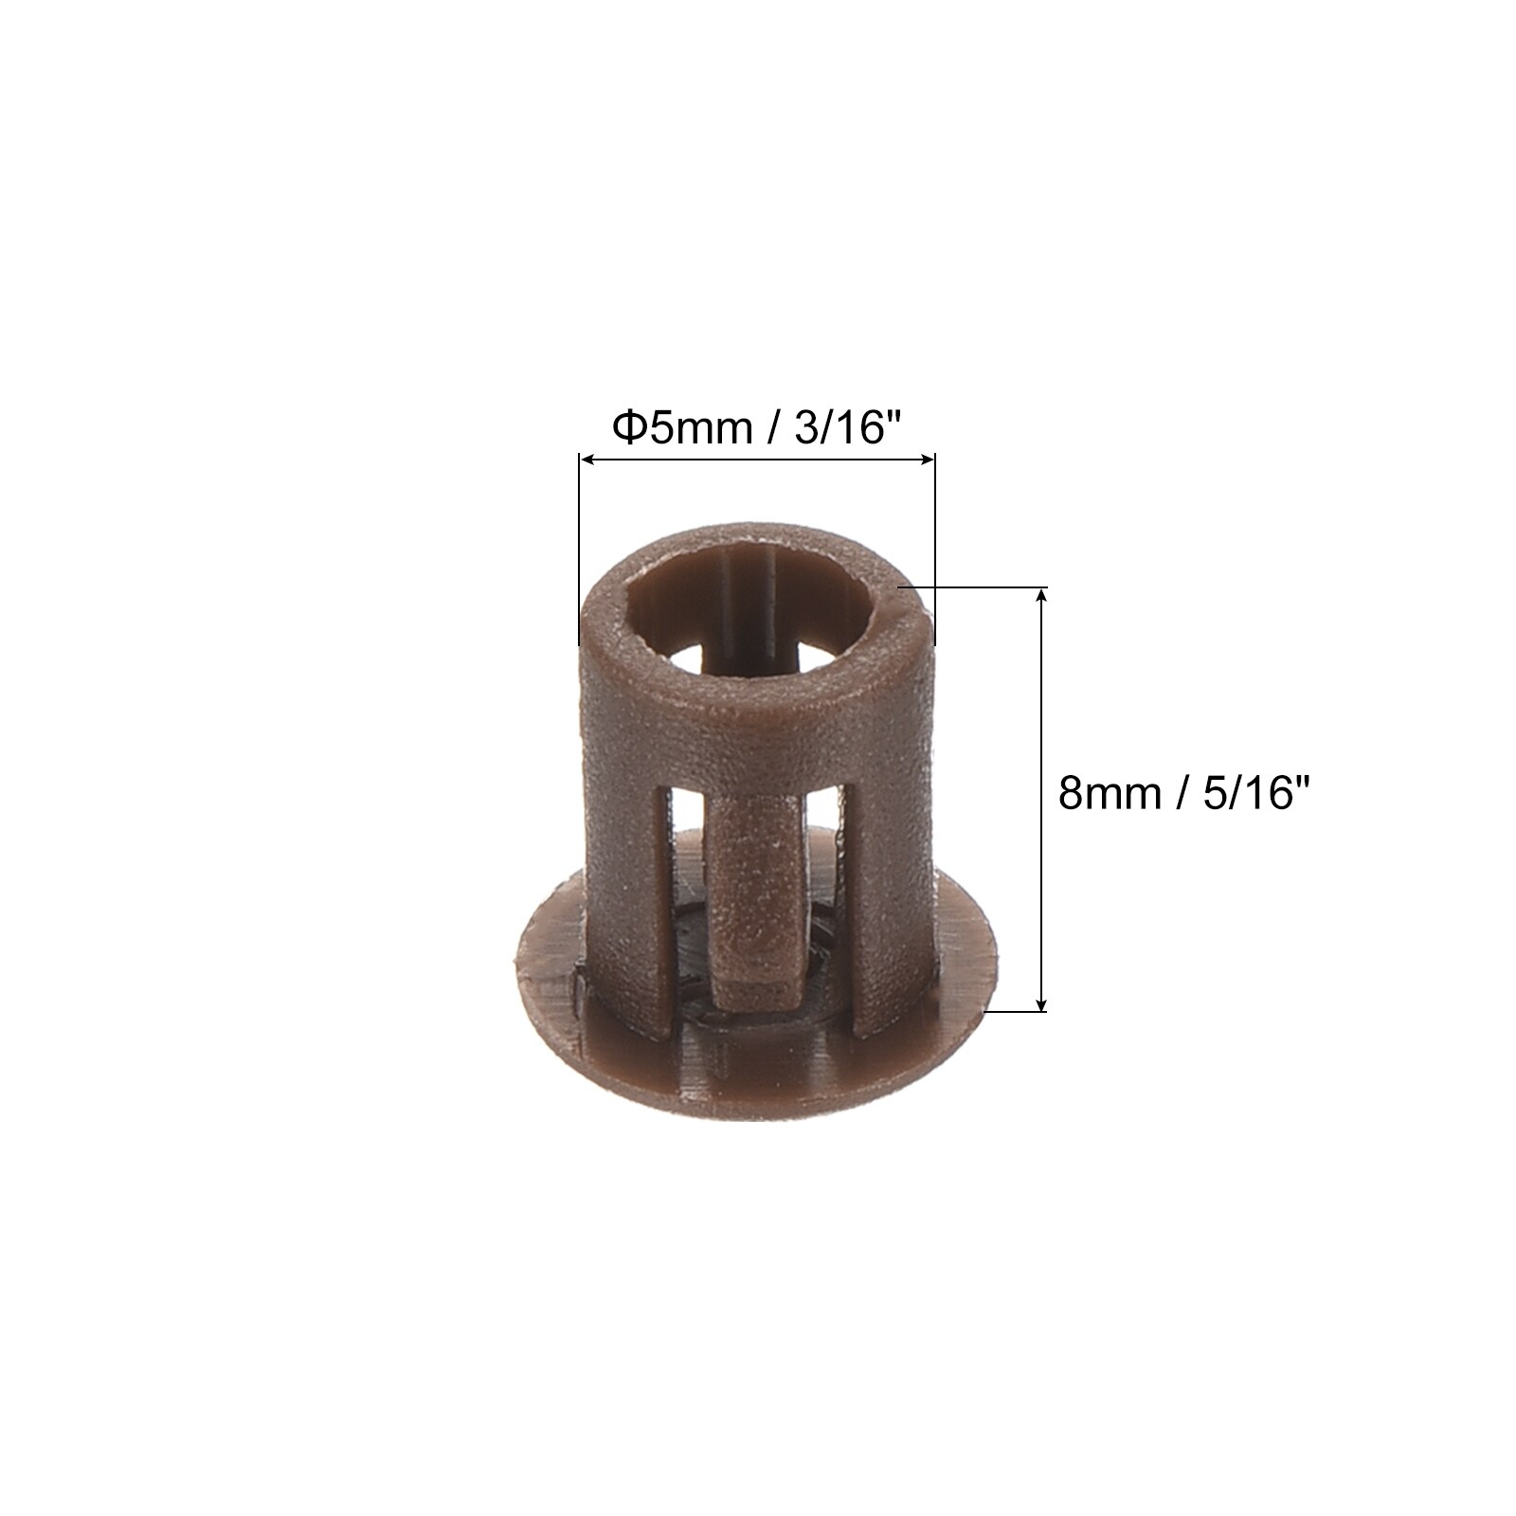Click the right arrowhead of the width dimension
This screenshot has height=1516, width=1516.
[927, 460]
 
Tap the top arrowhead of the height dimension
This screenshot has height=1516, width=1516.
[1043, 597]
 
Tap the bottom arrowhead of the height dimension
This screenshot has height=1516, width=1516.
[1043, 1002]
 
